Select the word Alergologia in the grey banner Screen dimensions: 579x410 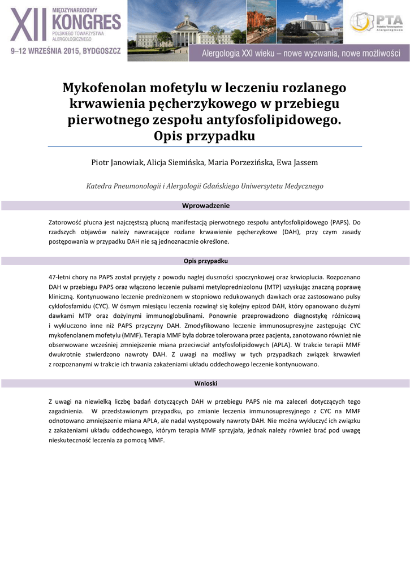226,54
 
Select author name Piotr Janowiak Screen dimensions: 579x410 117,163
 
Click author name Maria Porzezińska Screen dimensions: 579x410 241,163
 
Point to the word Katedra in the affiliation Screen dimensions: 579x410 100,185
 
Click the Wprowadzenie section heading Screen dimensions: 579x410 205,206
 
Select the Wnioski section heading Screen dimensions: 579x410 205,383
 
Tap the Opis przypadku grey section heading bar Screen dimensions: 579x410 205,261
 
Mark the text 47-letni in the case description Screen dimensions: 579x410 61,278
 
